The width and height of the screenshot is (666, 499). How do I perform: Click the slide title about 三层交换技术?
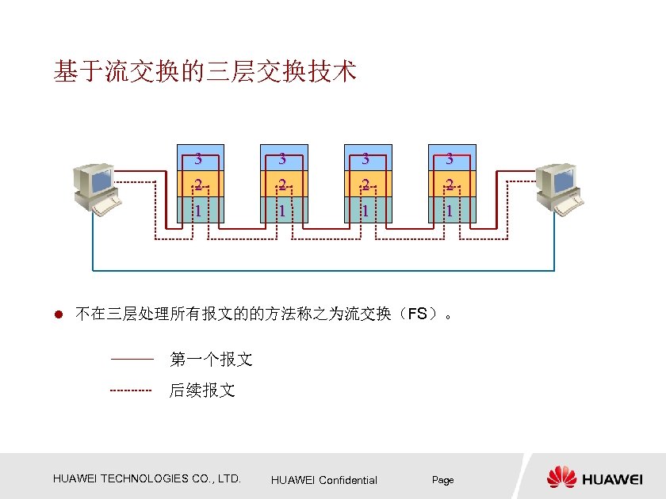(x=205, y=72)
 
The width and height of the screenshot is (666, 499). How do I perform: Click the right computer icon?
(x=558, y=189)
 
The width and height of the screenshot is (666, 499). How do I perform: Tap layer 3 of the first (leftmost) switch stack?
(x=201, y=158)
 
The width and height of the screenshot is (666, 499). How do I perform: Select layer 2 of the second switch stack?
(x=284, y=185)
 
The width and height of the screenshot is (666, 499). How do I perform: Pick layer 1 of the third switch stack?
(x=368, y=210)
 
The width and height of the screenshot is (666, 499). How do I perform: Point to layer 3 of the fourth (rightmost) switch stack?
(x=452, y=158)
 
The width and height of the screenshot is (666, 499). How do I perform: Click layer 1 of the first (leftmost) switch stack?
(x=201, y=210)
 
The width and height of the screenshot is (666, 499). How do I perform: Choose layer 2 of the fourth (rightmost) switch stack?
(x=452, y=185)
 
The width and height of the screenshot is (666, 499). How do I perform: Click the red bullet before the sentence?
(x=58, y=314)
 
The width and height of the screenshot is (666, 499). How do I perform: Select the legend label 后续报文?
(x=202, y=390)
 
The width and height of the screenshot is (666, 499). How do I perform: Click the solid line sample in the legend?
(x=131, y=360)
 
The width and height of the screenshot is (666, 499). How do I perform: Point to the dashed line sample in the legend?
(x=131, y=390)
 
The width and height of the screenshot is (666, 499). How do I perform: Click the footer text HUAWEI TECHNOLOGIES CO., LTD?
(x=147, y=478)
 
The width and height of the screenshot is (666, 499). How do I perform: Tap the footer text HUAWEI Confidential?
(x=324, y=480)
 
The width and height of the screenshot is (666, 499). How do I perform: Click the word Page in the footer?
(x=442, y=480)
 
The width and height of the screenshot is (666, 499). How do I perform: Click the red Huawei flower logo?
(x=561, y=477)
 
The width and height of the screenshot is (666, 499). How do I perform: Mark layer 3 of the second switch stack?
(x=284, y=158)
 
